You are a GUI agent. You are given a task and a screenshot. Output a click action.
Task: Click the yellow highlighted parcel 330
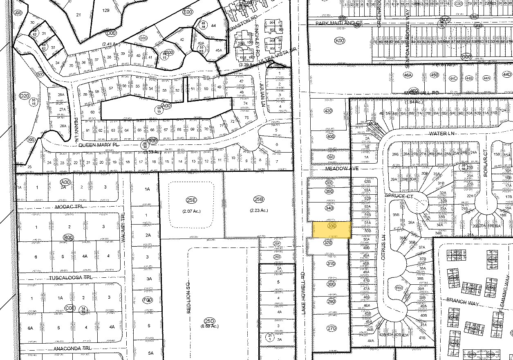(x=332, y=230)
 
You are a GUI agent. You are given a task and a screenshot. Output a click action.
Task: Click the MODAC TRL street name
(x=69, y=207)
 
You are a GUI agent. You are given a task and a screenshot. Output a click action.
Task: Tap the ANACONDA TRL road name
(x=72, y=349)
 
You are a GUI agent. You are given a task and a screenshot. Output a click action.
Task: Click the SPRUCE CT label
(x=399, y=196)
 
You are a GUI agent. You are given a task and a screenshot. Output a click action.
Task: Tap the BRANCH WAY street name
(x=459, y=300)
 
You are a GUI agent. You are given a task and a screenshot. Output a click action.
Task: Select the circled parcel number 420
(x=328, y=111)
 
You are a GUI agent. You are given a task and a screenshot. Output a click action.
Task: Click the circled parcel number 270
(x=331, y=328)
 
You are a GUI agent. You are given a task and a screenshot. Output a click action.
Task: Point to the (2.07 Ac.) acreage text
(x=191, y=211)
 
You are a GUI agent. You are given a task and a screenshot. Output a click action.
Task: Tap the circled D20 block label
(x=25, y=96)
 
